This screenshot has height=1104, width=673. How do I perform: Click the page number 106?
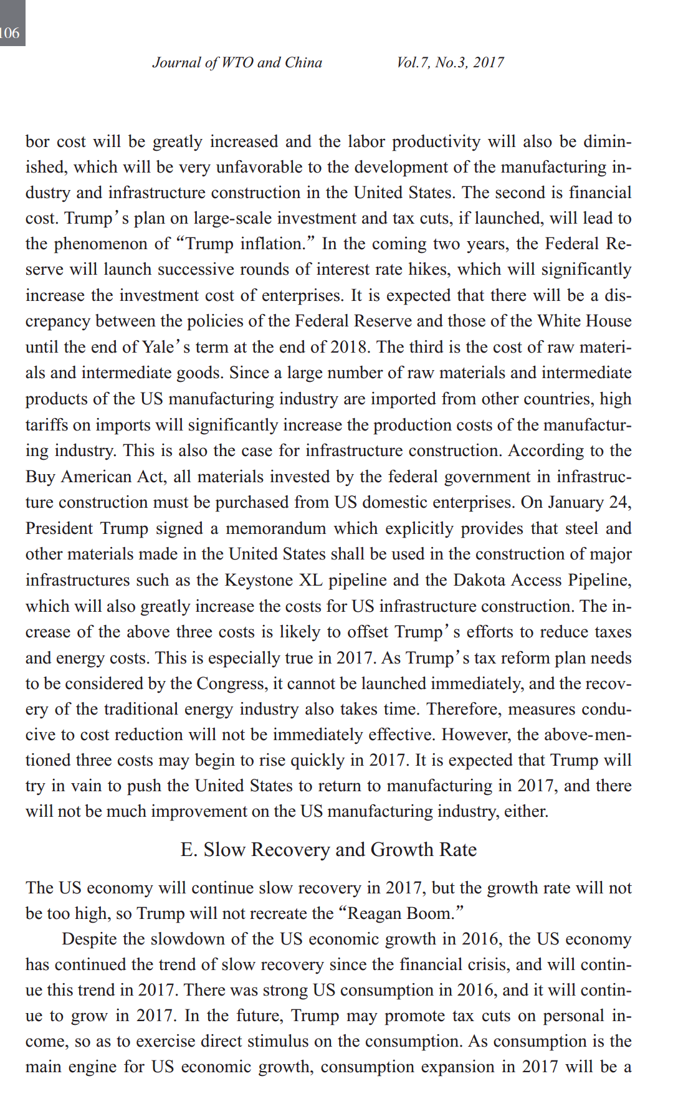point(10,33)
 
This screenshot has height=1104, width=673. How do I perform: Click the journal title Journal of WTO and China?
point(237,62)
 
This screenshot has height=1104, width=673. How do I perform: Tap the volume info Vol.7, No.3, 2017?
point(450,62)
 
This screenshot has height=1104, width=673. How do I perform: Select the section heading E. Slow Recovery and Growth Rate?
point(328,850)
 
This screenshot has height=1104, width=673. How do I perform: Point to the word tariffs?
point(46,425)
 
